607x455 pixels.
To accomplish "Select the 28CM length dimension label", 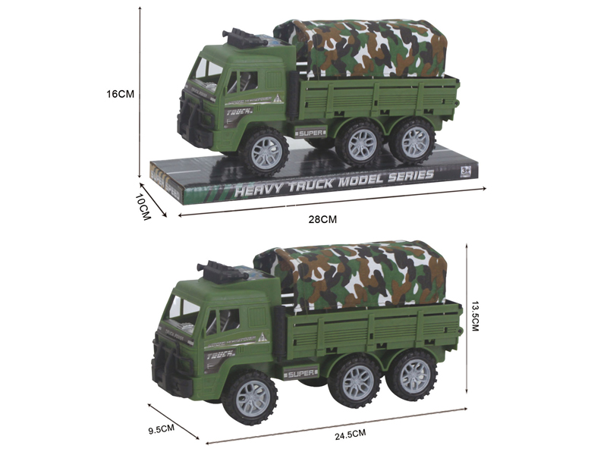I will tap(322, 219).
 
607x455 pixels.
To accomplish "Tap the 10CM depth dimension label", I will tap(142, 205).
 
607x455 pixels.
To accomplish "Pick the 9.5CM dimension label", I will tap(161, 428).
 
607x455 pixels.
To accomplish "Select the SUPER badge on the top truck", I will tap(310, 133).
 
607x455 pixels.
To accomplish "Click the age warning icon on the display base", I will tap(467, 171).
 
